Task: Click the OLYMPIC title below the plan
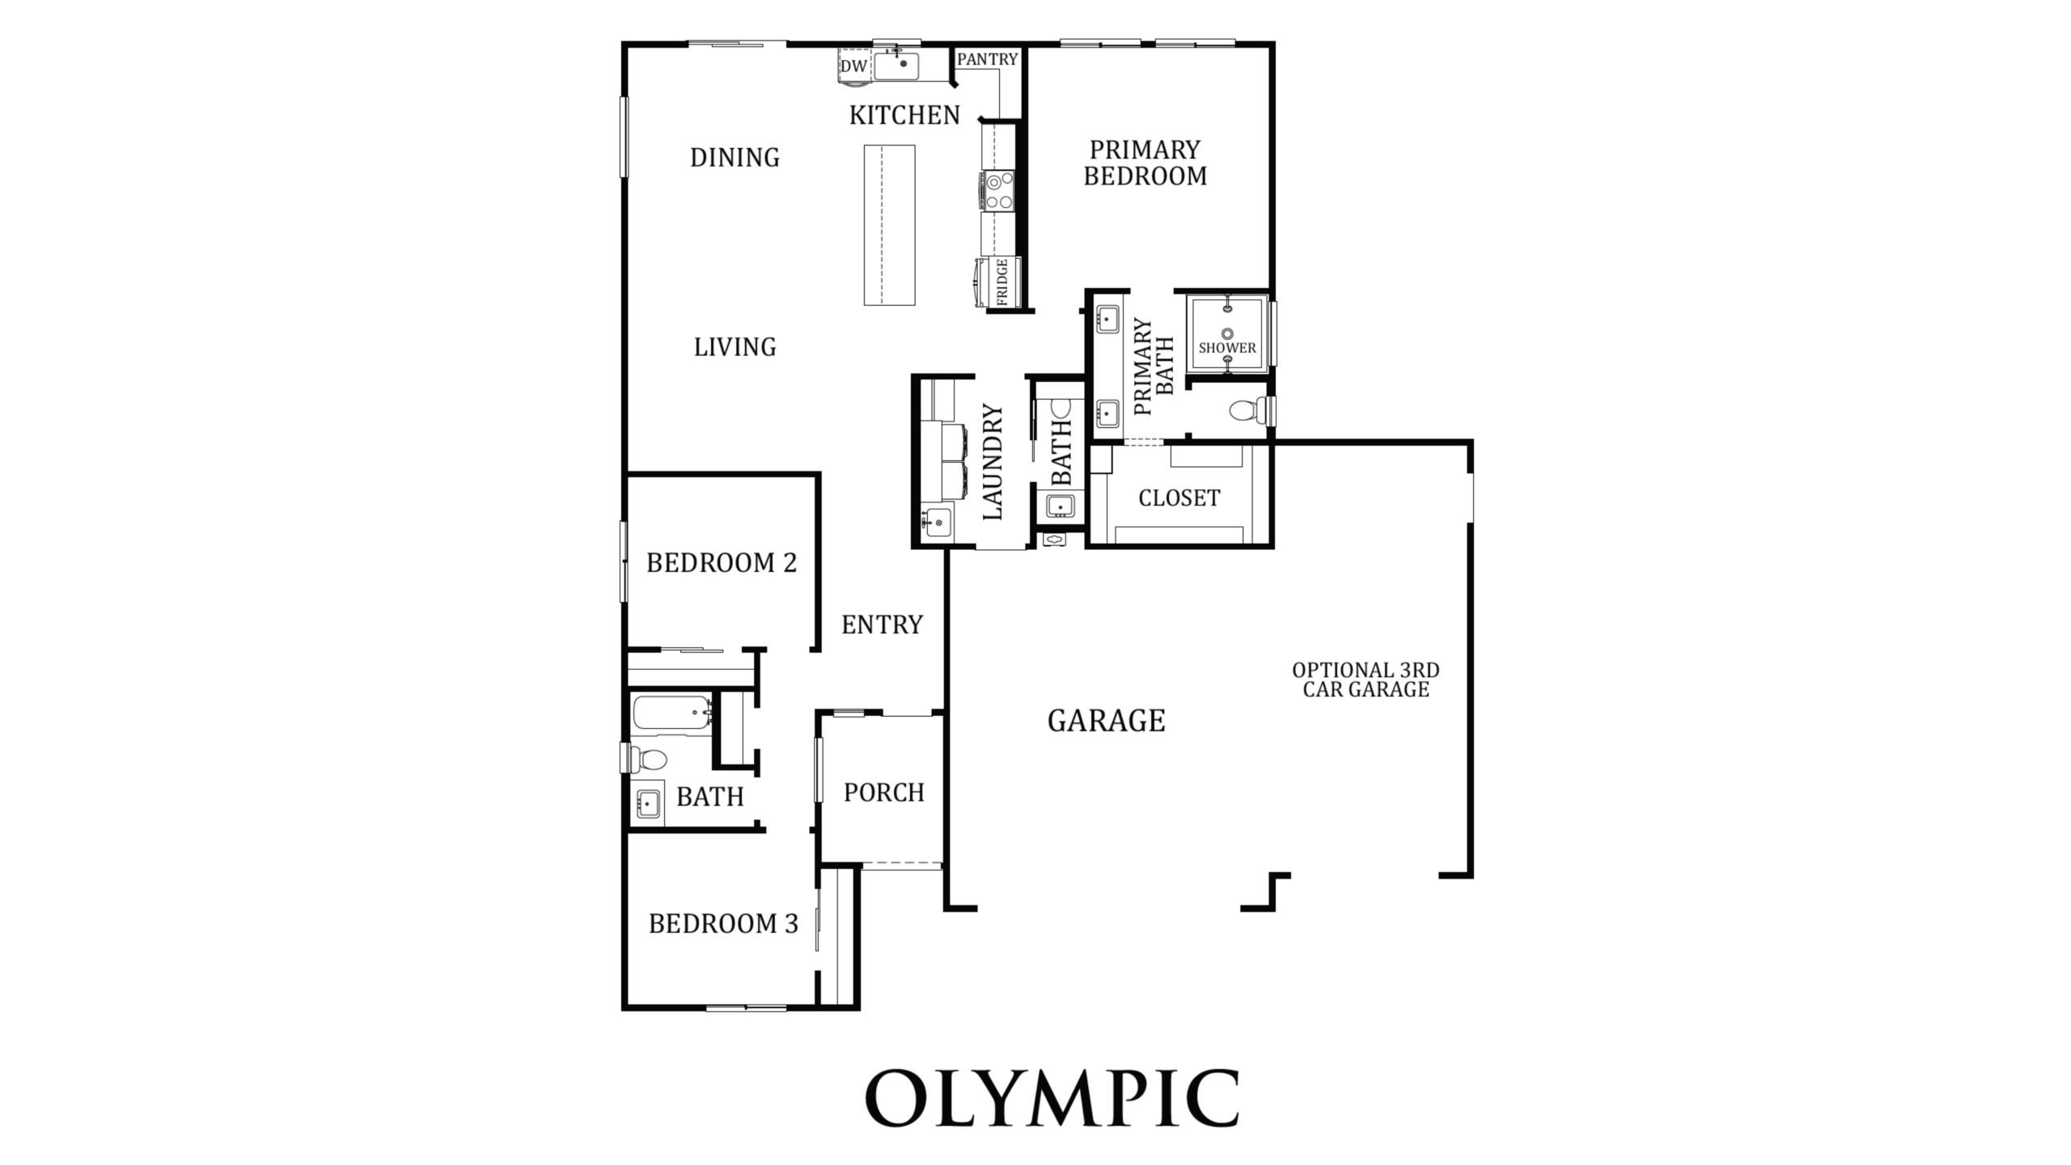click(x=1052, y=1098)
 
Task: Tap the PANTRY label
click(x=987, y=59)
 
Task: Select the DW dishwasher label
click(x=853, y=66)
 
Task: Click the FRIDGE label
click(x=1002, y=282)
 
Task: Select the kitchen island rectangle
click(x=889, y=225)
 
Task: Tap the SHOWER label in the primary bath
click(x=1227, y=348)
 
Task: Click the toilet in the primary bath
click(x=1248, y=410)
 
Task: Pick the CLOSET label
click(x=1179, y=498)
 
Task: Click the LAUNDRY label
click(x=993, y=462)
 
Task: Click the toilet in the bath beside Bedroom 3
click(x=646, y=759)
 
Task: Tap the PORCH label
click(x=884, y=793)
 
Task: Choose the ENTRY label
click(x=882, y=625)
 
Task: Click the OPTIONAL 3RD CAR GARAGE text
click(x=1366, y=680)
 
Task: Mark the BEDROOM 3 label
click(x=723, y=924)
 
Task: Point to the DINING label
click(x=735, y=158)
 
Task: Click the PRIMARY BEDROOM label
click(x=1145, y=163)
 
